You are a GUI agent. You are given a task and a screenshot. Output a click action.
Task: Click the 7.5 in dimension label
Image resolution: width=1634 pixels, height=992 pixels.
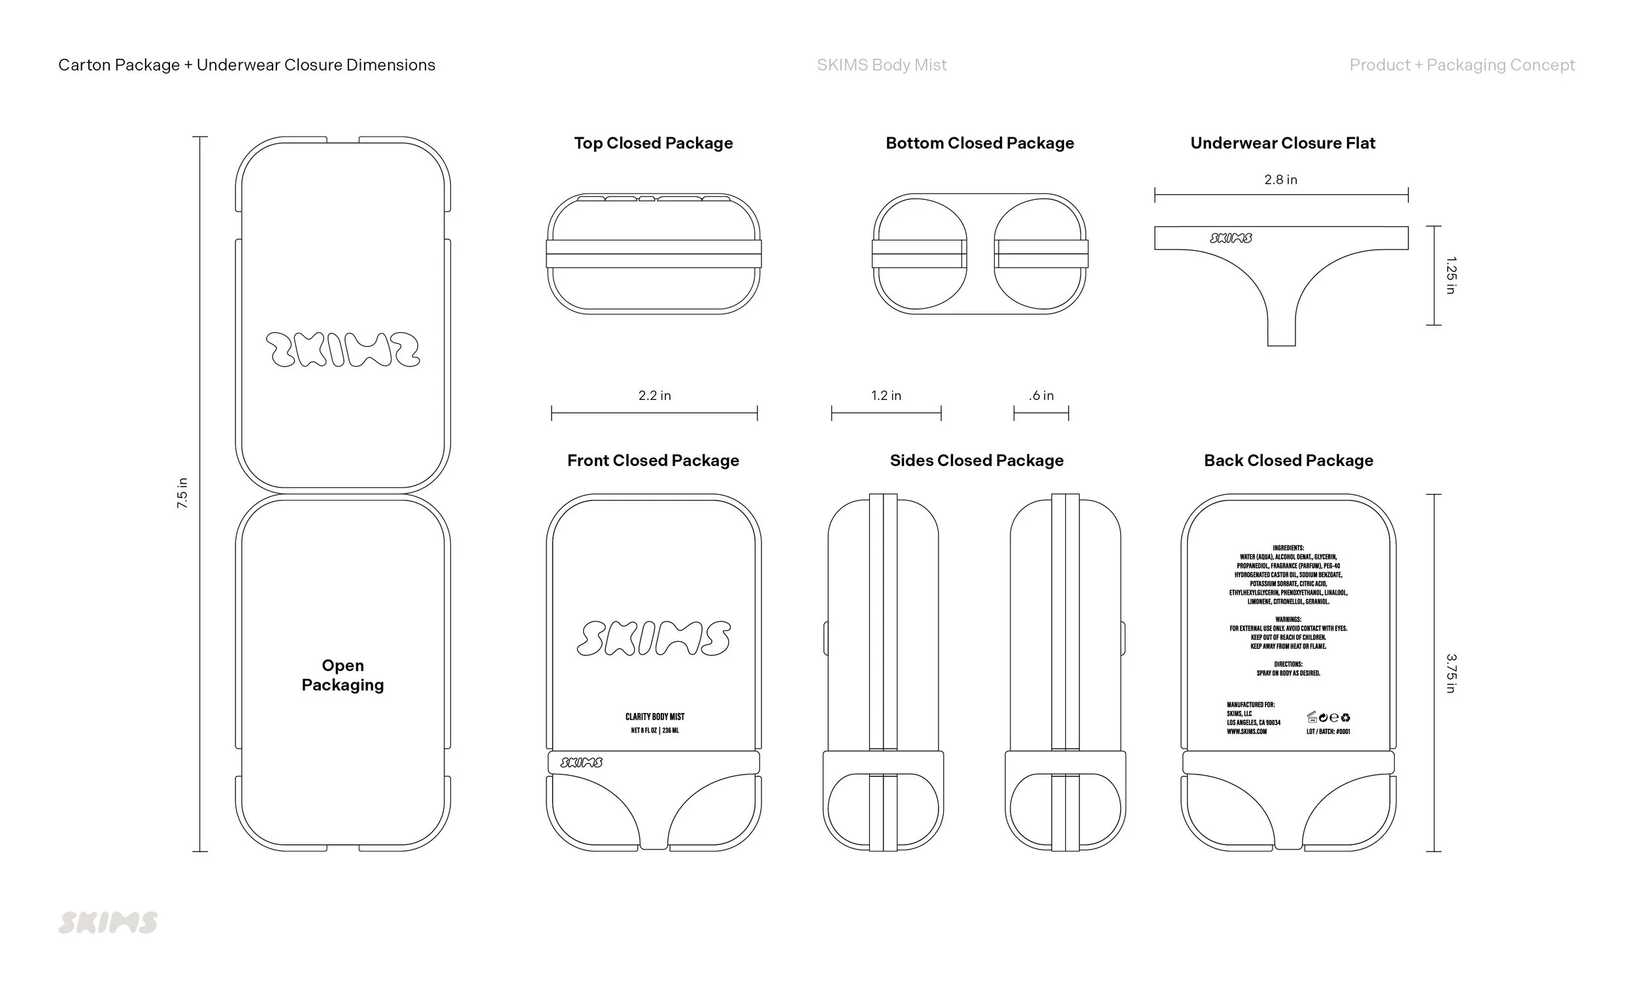click(182, 493)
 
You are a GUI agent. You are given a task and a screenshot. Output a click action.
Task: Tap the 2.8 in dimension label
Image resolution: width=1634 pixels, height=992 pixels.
click(1280, 180)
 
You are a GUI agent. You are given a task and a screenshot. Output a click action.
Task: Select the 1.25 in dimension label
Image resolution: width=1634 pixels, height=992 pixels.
click(1450, 275)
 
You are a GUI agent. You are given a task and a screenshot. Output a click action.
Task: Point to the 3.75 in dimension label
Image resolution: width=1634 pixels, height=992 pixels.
click(1450, 673)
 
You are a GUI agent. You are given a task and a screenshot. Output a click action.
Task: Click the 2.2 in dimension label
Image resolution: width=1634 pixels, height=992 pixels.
click(654, 396)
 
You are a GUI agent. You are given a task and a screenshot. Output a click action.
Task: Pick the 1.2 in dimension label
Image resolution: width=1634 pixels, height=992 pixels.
click(886, 396)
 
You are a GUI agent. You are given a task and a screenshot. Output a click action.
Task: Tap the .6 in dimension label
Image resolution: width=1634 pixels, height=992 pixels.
click(1041, 396)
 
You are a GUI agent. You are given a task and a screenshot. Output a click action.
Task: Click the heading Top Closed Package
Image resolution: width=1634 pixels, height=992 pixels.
click(653, 143)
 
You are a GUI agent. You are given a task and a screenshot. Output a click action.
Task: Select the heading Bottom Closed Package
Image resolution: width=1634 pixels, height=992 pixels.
click(980, 143)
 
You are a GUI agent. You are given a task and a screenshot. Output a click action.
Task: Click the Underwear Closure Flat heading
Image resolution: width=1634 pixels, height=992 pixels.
click(1282, 143)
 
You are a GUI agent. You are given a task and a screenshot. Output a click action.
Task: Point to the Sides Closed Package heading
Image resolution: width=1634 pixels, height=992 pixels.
click(976, 461)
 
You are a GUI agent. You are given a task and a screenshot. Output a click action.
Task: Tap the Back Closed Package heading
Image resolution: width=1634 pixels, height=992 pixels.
click(1288, 461)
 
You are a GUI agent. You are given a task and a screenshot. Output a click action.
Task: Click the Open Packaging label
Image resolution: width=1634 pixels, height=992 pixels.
click(343, 675)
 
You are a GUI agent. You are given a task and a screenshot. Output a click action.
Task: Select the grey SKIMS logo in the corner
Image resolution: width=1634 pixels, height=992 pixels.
click(108, 922)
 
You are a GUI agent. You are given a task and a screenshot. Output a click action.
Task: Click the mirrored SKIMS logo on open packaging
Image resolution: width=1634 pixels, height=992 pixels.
click(343, 350)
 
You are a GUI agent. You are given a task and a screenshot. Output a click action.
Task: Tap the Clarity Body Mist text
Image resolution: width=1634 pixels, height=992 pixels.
click(654, 717)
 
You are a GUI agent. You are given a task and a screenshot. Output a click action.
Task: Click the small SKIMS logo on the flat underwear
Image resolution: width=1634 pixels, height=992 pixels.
click(1231, 238)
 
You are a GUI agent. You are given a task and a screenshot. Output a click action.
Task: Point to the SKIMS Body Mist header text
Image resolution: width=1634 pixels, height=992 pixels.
click(881, 65)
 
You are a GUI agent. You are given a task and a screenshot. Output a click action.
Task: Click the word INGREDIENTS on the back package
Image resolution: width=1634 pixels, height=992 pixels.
click(1288, 548)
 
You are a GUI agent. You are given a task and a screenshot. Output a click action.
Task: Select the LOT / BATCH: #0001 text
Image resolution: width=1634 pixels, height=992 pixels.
click(1327, 731)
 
